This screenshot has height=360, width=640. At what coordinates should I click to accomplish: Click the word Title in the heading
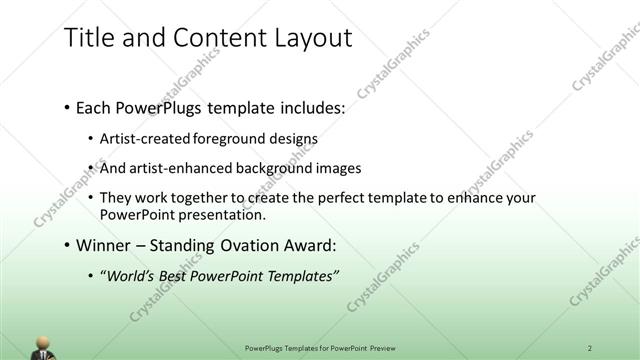(x=87, y=38)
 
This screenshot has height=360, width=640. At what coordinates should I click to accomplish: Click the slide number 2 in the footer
(x=590, y=347)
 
